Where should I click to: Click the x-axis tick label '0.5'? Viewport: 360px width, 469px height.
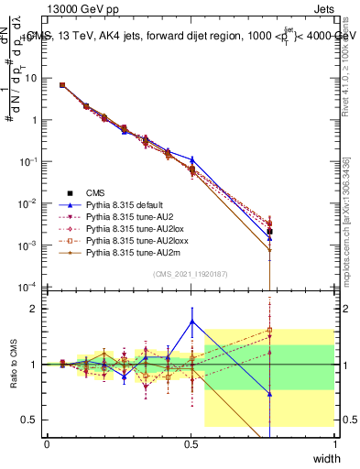(x=191, y=443)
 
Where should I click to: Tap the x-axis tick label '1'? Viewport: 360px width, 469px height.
(x=334, y=443)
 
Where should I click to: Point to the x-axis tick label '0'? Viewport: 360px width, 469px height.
(x=48, y=443)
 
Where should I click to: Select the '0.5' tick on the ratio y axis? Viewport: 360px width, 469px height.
(x=29, y=420)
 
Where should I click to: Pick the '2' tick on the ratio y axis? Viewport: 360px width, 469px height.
(x=34, y=309)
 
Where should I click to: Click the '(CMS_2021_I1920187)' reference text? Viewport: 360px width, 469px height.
(x=190, y=274)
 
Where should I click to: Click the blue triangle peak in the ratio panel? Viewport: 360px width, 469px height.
(x=191, y=321)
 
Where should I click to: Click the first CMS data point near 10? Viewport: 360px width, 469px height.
(x=61, y=85)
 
